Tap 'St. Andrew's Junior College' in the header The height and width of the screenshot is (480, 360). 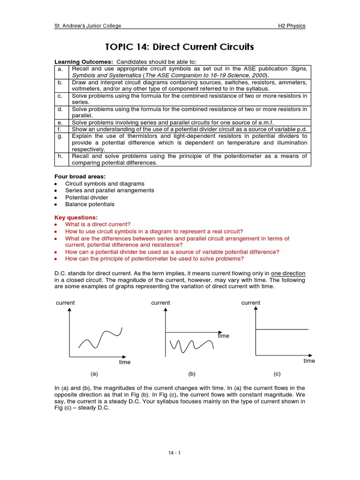pyautogui.click(x=88, y=26)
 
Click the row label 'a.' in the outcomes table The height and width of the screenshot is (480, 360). pyautogui.click(x=60, y=69)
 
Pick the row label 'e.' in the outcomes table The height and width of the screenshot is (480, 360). pyautogui.click(x=60, y=122)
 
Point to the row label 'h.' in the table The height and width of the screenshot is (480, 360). pyautogui.click(x=60, y=156)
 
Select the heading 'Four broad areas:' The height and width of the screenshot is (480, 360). pyautogui.click(x=77, y=176)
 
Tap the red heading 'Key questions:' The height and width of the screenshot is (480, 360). pyautogui.click(x=76, y=217)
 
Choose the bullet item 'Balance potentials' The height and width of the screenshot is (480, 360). pyautogui.click(x=90, y=204)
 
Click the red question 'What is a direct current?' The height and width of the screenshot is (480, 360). pyautogui.click(x=98, y=225)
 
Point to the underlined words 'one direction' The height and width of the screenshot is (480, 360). pyautogui.click(x=288, y=273)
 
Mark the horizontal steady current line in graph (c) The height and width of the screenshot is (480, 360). pyautogui.click(x=281, y=330)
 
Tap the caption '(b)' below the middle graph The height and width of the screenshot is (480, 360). pyautogui.click(x=192, y=374)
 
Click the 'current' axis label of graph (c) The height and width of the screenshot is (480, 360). pyautogui.click(x=251, y=303)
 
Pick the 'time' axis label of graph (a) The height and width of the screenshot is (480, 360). pyautogui.click(x=125, y=362)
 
